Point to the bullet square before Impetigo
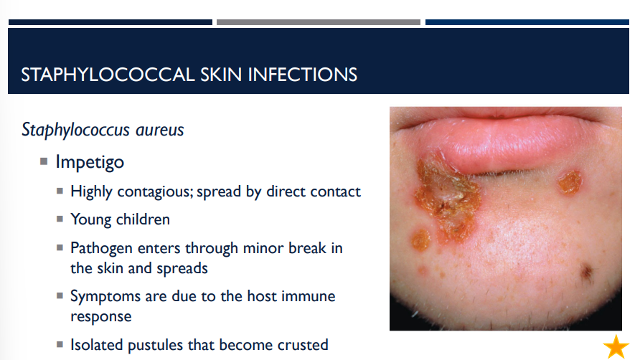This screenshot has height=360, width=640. tap(44, 161)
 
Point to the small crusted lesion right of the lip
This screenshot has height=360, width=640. tap(571, 182)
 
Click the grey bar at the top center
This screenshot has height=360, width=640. tap(319, 22)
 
